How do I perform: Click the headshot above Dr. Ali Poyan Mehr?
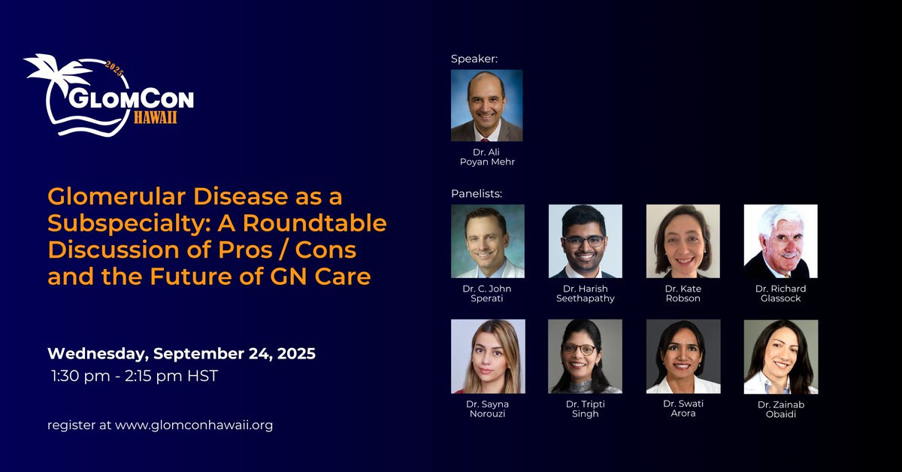coord(487,105)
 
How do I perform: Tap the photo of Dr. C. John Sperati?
coord(488,241)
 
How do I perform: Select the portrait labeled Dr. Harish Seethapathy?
coord(585,241)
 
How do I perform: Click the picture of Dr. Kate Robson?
coord(683,241)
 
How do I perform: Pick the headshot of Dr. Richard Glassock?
coord(781,241)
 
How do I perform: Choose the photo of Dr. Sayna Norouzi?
coord(488,356)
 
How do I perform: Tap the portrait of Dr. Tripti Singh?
coord(585,356)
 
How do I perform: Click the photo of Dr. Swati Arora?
coord(683,356)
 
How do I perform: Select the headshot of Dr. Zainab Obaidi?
coord(781,357)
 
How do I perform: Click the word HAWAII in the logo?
coord(156,117)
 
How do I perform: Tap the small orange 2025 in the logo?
coord(114,68)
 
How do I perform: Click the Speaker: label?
coord(474,59)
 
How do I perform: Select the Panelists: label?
coord(477,194)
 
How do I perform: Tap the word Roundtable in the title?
coord(314,222)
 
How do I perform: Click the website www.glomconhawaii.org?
coord(194,425)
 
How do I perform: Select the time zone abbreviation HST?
coord(202,376)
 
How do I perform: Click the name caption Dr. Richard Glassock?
coord(781,294)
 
